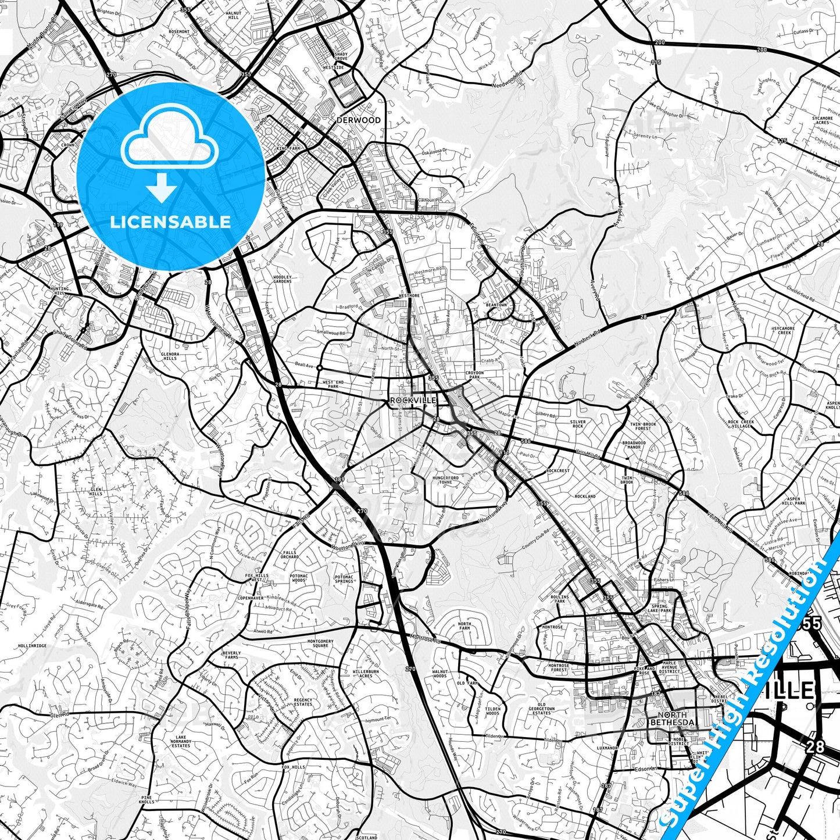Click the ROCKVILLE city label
[413, 401]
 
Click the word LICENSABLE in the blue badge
[171, 222]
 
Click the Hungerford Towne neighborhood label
[445, 480]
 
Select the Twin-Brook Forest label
[643, 426]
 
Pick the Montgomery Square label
[320, 644]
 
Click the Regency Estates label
[303, 702]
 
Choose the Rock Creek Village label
[741, 424]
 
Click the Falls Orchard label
[289, 555]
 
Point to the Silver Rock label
[577, 424]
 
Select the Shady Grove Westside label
[341, 60]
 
